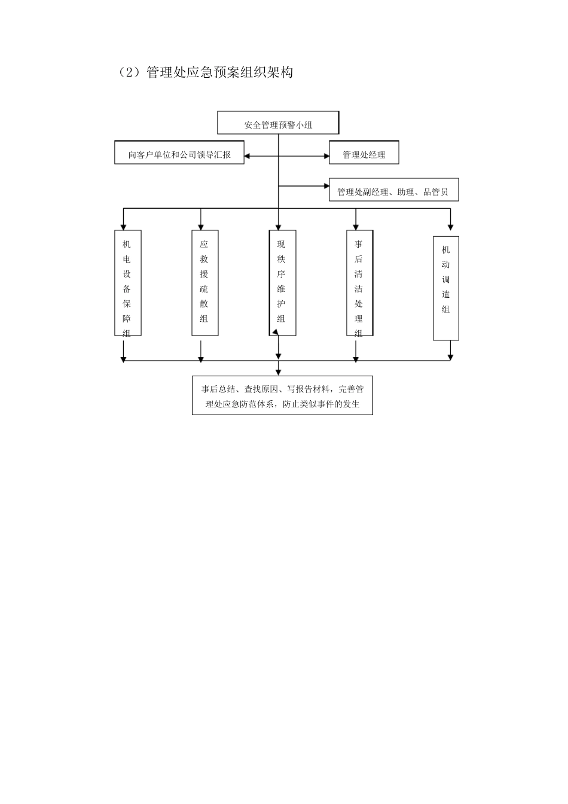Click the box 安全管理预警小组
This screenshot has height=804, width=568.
click(278, 123)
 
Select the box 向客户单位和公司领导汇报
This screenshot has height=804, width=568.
click(179, 153)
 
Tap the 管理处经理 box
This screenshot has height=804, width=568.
click(364, 153)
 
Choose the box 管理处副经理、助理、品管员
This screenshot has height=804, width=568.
click(393, 190)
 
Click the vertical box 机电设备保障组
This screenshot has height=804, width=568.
click(127, 282)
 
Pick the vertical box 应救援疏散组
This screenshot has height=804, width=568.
click(204, 282)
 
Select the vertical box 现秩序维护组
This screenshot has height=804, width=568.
click(282, 282)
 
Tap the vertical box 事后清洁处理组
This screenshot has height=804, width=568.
click(359, 282)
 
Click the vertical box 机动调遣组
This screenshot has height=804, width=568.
click(445, 288)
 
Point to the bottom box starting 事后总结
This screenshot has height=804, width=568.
click(282, 395)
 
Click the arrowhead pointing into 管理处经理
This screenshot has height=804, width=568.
click(326, 156)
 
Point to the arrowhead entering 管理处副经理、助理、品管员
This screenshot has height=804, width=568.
click(326, 186)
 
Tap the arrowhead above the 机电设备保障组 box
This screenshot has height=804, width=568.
click(124, 227)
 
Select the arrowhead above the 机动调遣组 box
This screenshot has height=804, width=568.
click(451, 227)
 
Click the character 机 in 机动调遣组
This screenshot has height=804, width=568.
click(445, 250)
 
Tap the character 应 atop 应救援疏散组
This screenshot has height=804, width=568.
click(204, 245)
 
